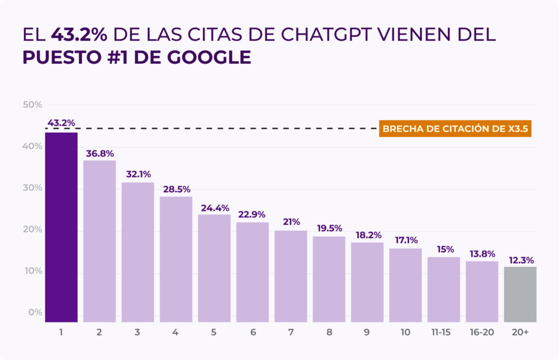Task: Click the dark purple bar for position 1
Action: pos(61,227)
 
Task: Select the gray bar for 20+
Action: pos(520,294)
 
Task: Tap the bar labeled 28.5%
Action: pos(176,259)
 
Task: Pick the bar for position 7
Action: pos(291,276)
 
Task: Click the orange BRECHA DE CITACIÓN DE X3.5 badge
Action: pos(454,129)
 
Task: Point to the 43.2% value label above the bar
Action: pos(61,123)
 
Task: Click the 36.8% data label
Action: pos(100,153)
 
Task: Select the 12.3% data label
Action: pos(520,259)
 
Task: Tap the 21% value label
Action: pos(291,222)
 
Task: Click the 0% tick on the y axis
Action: pos(35,312)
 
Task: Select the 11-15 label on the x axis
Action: pos(444,332)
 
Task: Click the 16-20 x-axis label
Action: pos(482,332)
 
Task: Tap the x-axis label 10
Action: pos(405,332)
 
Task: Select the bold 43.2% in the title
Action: pos(79,35)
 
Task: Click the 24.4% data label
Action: pos(214,207)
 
